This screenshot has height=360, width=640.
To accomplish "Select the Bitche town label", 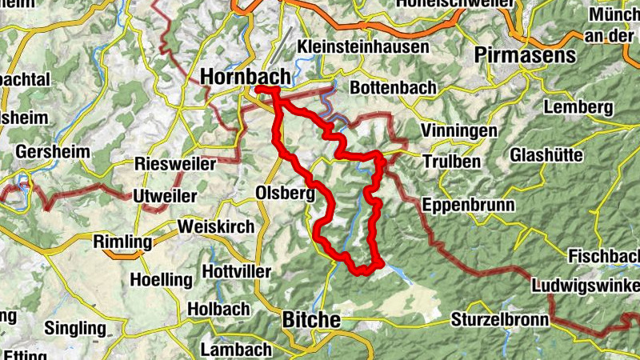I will [x=311, y=320].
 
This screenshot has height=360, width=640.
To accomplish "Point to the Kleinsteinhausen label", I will [x=363, y=46].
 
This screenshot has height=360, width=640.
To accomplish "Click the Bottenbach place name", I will [x=393, y=86].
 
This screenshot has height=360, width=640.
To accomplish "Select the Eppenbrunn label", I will [x=468, y=204].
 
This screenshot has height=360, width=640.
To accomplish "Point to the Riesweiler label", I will [x=175, y=164].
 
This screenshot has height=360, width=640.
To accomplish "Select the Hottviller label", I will [x=238, y=271].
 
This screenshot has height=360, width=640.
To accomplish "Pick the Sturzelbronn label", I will [x=500, y=320].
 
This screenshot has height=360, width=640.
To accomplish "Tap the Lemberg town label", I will [x=578, y=107].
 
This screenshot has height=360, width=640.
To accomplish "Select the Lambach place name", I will [x=236, y=350].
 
